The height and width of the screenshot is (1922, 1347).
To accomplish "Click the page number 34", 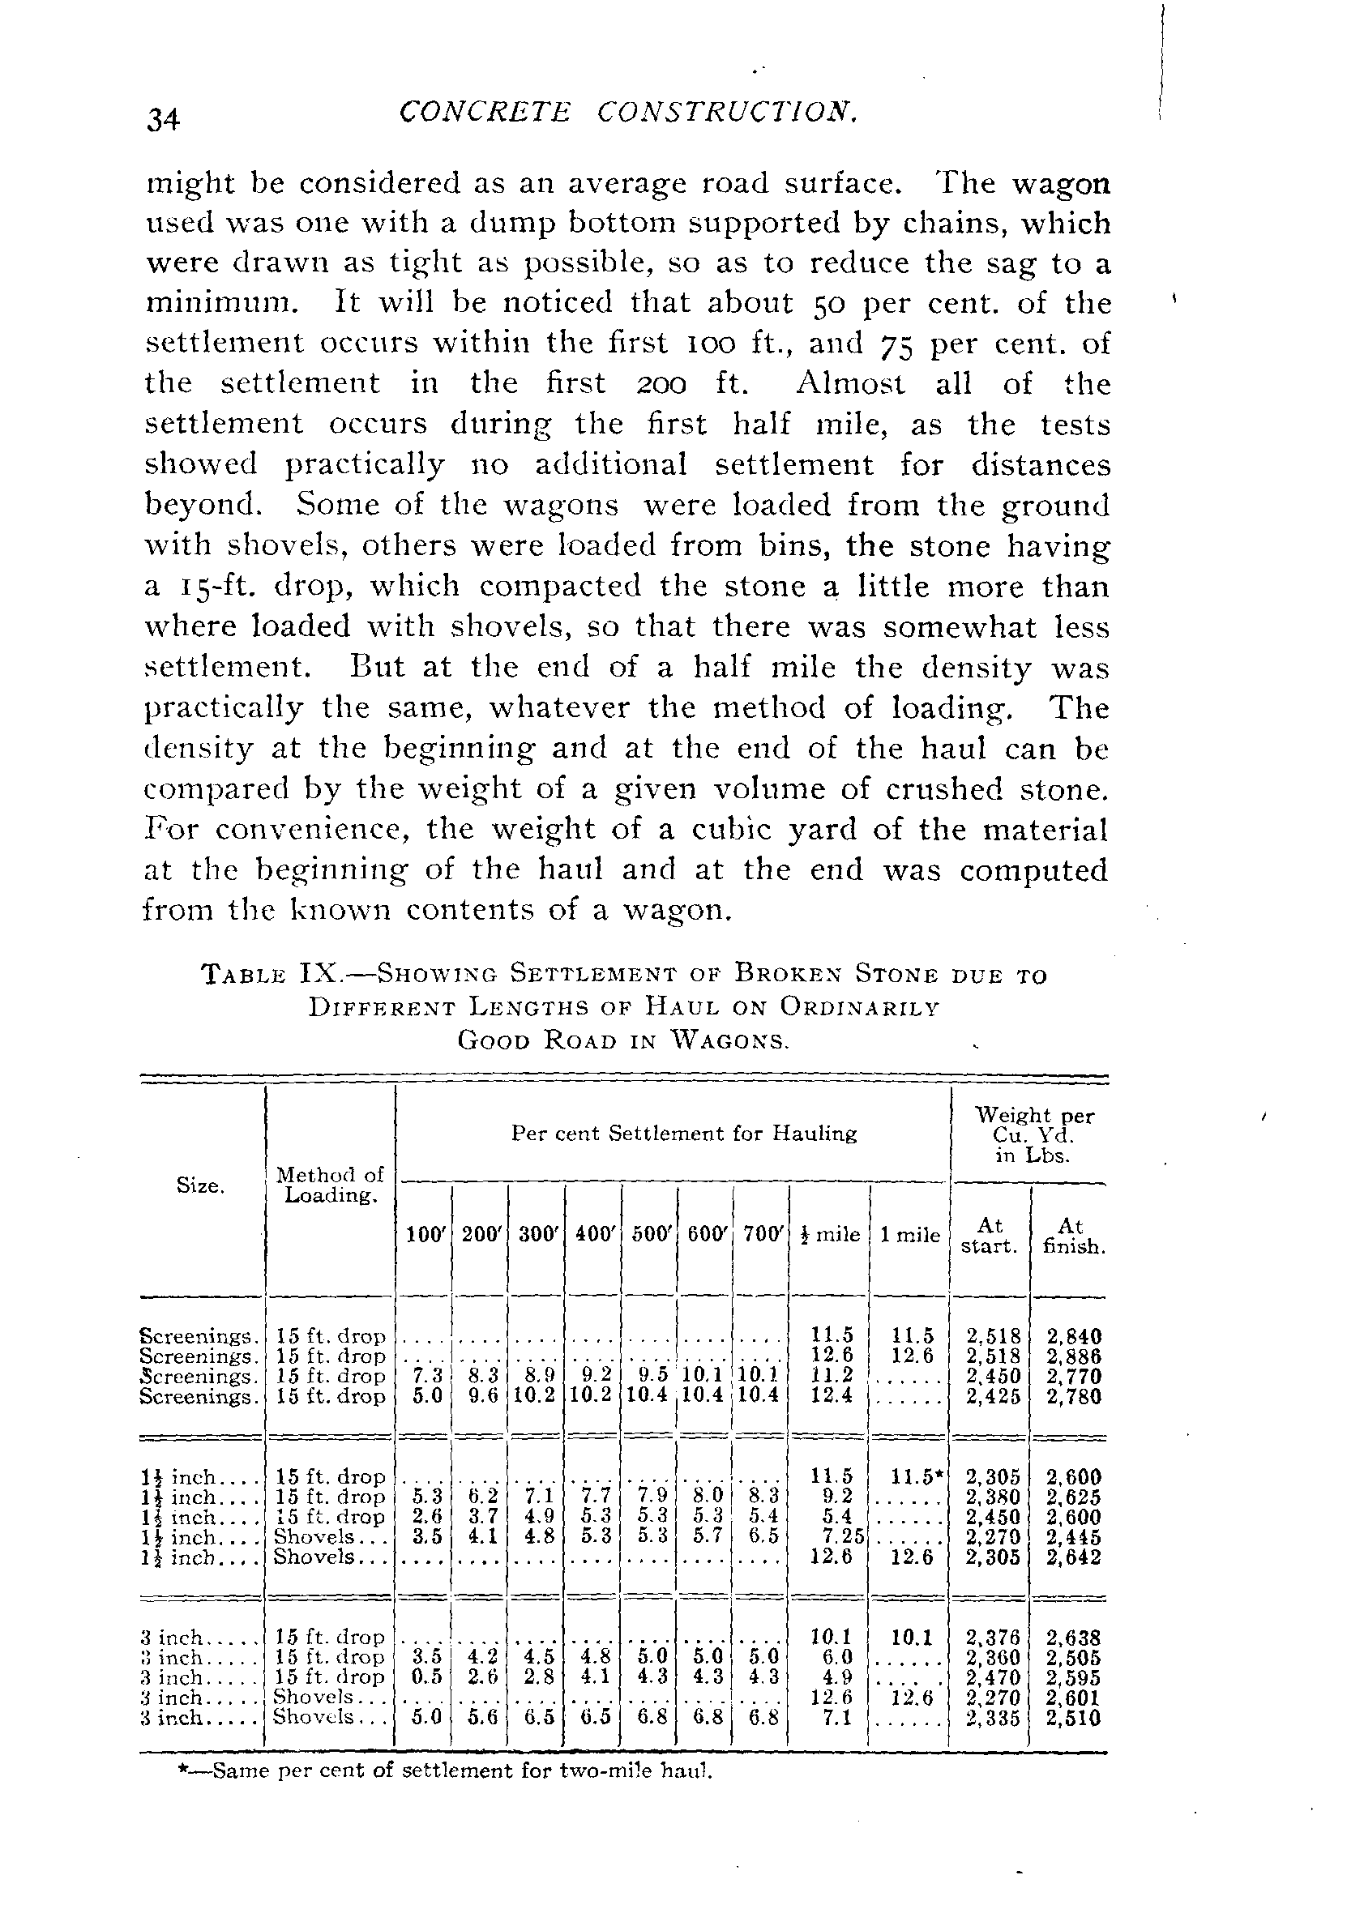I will (x=163, y=120).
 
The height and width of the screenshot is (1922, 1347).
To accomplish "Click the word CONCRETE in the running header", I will (x=485, y=112).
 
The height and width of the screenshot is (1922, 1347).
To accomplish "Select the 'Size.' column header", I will (x=199, y=1185).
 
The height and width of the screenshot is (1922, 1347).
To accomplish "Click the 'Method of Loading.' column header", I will (x=330, y=1185).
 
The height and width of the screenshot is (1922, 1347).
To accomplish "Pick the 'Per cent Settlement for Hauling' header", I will (x=684, y=1134).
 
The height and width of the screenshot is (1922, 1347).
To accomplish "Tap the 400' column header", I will (x=593, y=1235).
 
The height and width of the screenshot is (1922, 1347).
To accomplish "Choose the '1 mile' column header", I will (x=910, y=1235).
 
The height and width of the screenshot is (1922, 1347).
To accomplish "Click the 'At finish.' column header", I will (x=1071, y=1236).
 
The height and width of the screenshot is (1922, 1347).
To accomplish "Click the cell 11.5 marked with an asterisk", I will (x=916, y=1476).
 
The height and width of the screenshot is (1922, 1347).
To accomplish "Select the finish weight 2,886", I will (x=1073, y=1356).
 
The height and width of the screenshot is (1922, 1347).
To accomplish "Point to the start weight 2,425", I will (x=992, y=1396).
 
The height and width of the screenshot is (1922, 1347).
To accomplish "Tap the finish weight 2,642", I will (x=1073, y=1557).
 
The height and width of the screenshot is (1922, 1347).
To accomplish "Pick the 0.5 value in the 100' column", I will (x=425, y=1677).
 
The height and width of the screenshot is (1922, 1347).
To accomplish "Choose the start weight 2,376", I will (x=992, y=1638).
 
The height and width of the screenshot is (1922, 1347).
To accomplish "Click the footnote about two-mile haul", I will (x=444, y=1771).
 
